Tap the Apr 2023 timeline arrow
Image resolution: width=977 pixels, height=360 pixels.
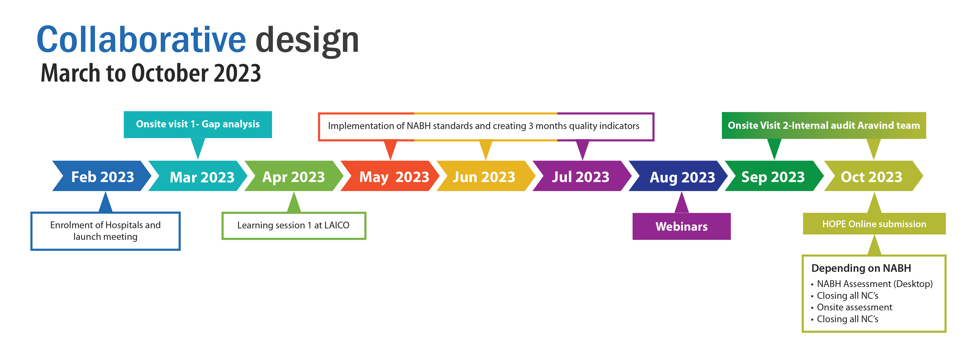(294, 176)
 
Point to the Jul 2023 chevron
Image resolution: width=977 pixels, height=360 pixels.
(582, 176)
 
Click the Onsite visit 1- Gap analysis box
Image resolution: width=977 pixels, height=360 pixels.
(198, 124)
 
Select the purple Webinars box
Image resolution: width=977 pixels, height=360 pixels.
(681, 226)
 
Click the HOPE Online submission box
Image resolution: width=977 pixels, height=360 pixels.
(874, 224)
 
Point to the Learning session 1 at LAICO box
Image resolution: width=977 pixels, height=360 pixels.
(294, 226)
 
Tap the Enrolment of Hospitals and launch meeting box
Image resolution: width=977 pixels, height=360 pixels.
(105, 231)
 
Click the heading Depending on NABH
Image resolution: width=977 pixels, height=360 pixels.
(861, 268)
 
